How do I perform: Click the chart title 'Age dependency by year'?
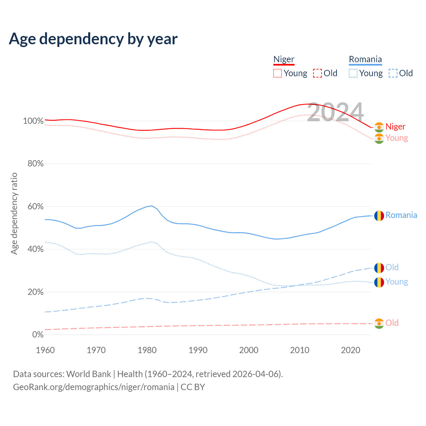93,39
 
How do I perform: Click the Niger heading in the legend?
284,59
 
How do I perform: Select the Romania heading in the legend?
365,59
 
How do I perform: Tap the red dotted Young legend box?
277,73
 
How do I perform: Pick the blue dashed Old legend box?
393,73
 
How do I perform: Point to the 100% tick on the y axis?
33,121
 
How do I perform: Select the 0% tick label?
38,334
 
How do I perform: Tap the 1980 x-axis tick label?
147,350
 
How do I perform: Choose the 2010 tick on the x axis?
300,350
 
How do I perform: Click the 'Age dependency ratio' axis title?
14,213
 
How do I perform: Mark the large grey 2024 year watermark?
335,112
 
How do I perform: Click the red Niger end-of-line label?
395,127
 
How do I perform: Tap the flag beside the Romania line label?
379,216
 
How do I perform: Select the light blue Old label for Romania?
392,267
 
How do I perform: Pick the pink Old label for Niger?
392,323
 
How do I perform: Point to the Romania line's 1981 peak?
152,206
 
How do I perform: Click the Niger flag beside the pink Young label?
379,138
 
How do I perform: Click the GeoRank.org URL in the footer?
94,387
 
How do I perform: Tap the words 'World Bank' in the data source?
89,374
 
